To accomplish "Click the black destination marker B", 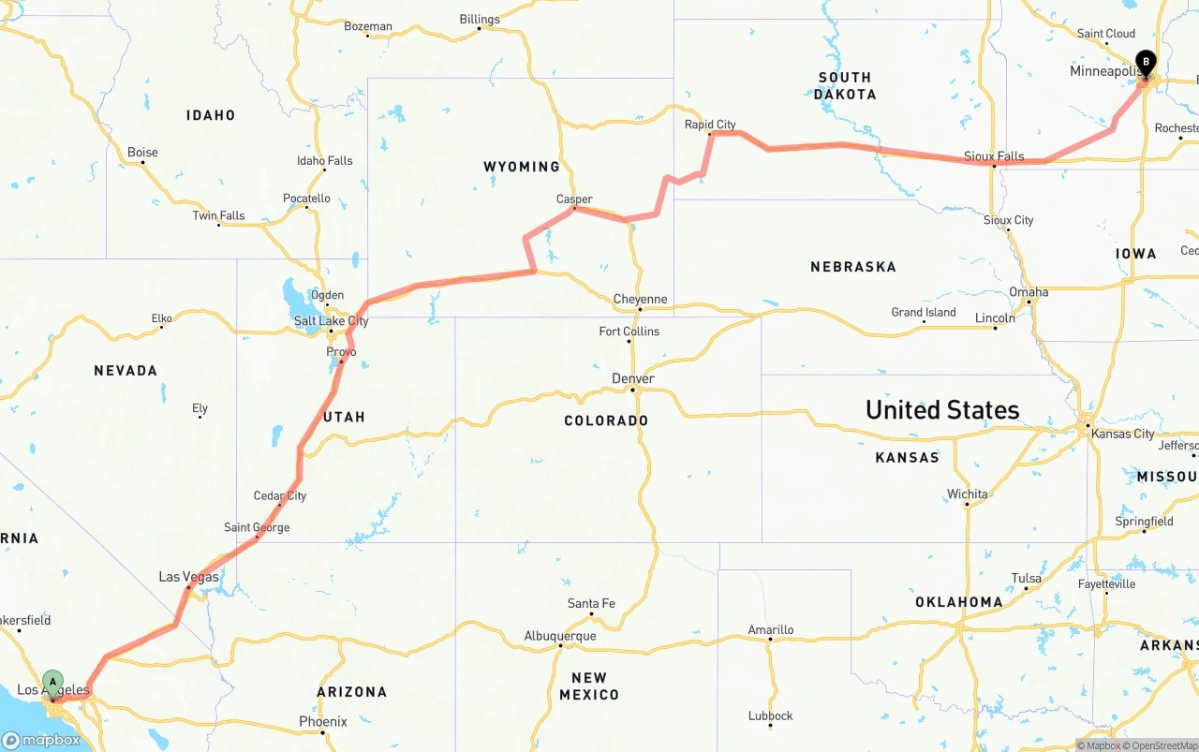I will click(x=1145, y=63).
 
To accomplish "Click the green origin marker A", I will click(x=53, y=682).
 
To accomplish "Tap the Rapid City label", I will click(x=710, y=125).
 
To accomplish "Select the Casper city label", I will click(x=574, y=199).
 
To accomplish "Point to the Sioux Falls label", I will click(x=994, y=156).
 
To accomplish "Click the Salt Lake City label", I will click(x=331, y=321).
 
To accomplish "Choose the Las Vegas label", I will click(x=188, y=577).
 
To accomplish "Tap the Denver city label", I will click(x=633, y=378).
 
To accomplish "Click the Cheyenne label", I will click(x=640, y=300).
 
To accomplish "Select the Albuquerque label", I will click(x=560, y=636).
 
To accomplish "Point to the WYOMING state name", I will click(x=522, y=167).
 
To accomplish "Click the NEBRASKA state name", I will click(x=853, y=267).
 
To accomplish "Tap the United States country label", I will click(x=942, y=410).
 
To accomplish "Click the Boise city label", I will click(x=142, y=153).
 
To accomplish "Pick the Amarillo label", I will click(x=771, y=630).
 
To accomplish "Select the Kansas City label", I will click(x=1122, y=434).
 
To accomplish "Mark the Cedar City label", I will click(x=280, y=495).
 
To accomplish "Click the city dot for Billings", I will click(x=480, y=28).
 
